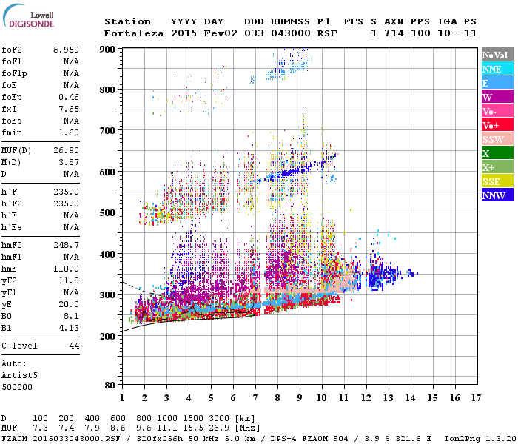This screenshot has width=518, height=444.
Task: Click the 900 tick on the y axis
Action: click(x=108, y=49)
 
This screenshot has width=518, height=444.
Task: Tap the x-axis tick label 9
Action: click(x=300, y=398)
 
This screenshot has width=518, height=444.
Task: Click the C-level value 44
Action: click(x=74, y=346)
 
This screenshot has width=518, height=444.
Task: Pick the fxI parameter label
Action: click(x=10, y=108)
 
